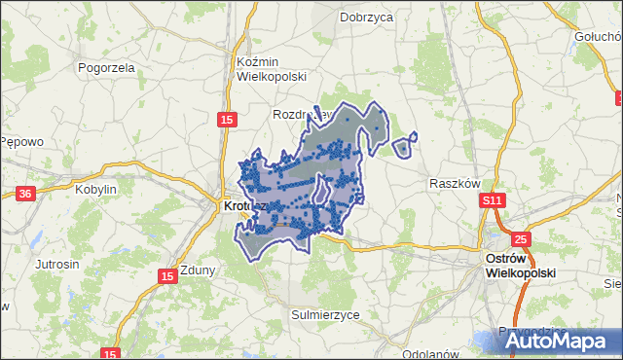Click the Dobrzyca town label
(x=365, y=17)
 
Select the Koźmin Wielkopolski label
(x=272, y=68)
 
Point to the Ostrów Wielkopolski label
(x=520, y=266)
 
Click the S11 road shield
(x=493, y=200)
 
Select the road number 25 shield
(x=521, y=238)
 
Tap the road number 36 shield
(x=25, y=194)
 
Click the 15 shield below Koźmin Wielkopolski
(x=226, y=119)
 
